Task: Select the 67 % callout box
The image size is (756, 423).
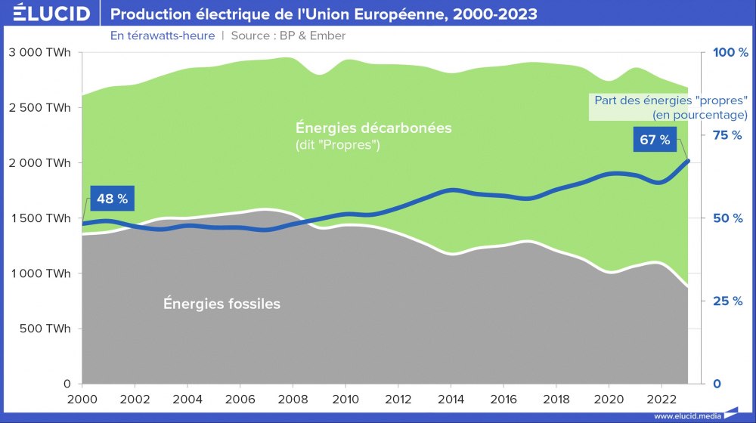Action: (x=654, y=140)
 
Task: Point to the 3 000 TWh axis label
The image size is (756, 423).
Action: (x=40, y=53)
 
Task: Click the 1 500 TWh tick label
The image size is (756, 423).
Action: (x=40, y=218)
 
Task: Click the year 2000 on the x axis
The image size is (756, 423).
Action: (x=82, y=398)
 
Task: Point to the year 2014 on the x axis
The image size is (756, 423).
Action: (x=451, y=398)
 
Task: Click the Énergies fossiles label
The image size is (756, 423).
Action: (x=222, y=304)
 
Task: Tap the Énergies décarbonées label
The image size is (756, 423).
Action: (x=373, y=128)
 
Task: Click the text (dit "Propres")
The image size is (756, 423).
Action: (x=337, y=144)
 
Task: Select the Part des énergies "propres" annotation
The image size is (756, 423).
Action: (x=671, y=107)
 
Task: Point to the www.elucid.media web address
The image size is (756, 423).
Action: (x=687, y=416)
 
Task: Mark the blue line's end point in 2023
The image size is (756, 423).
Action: (x=687, y=160)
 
